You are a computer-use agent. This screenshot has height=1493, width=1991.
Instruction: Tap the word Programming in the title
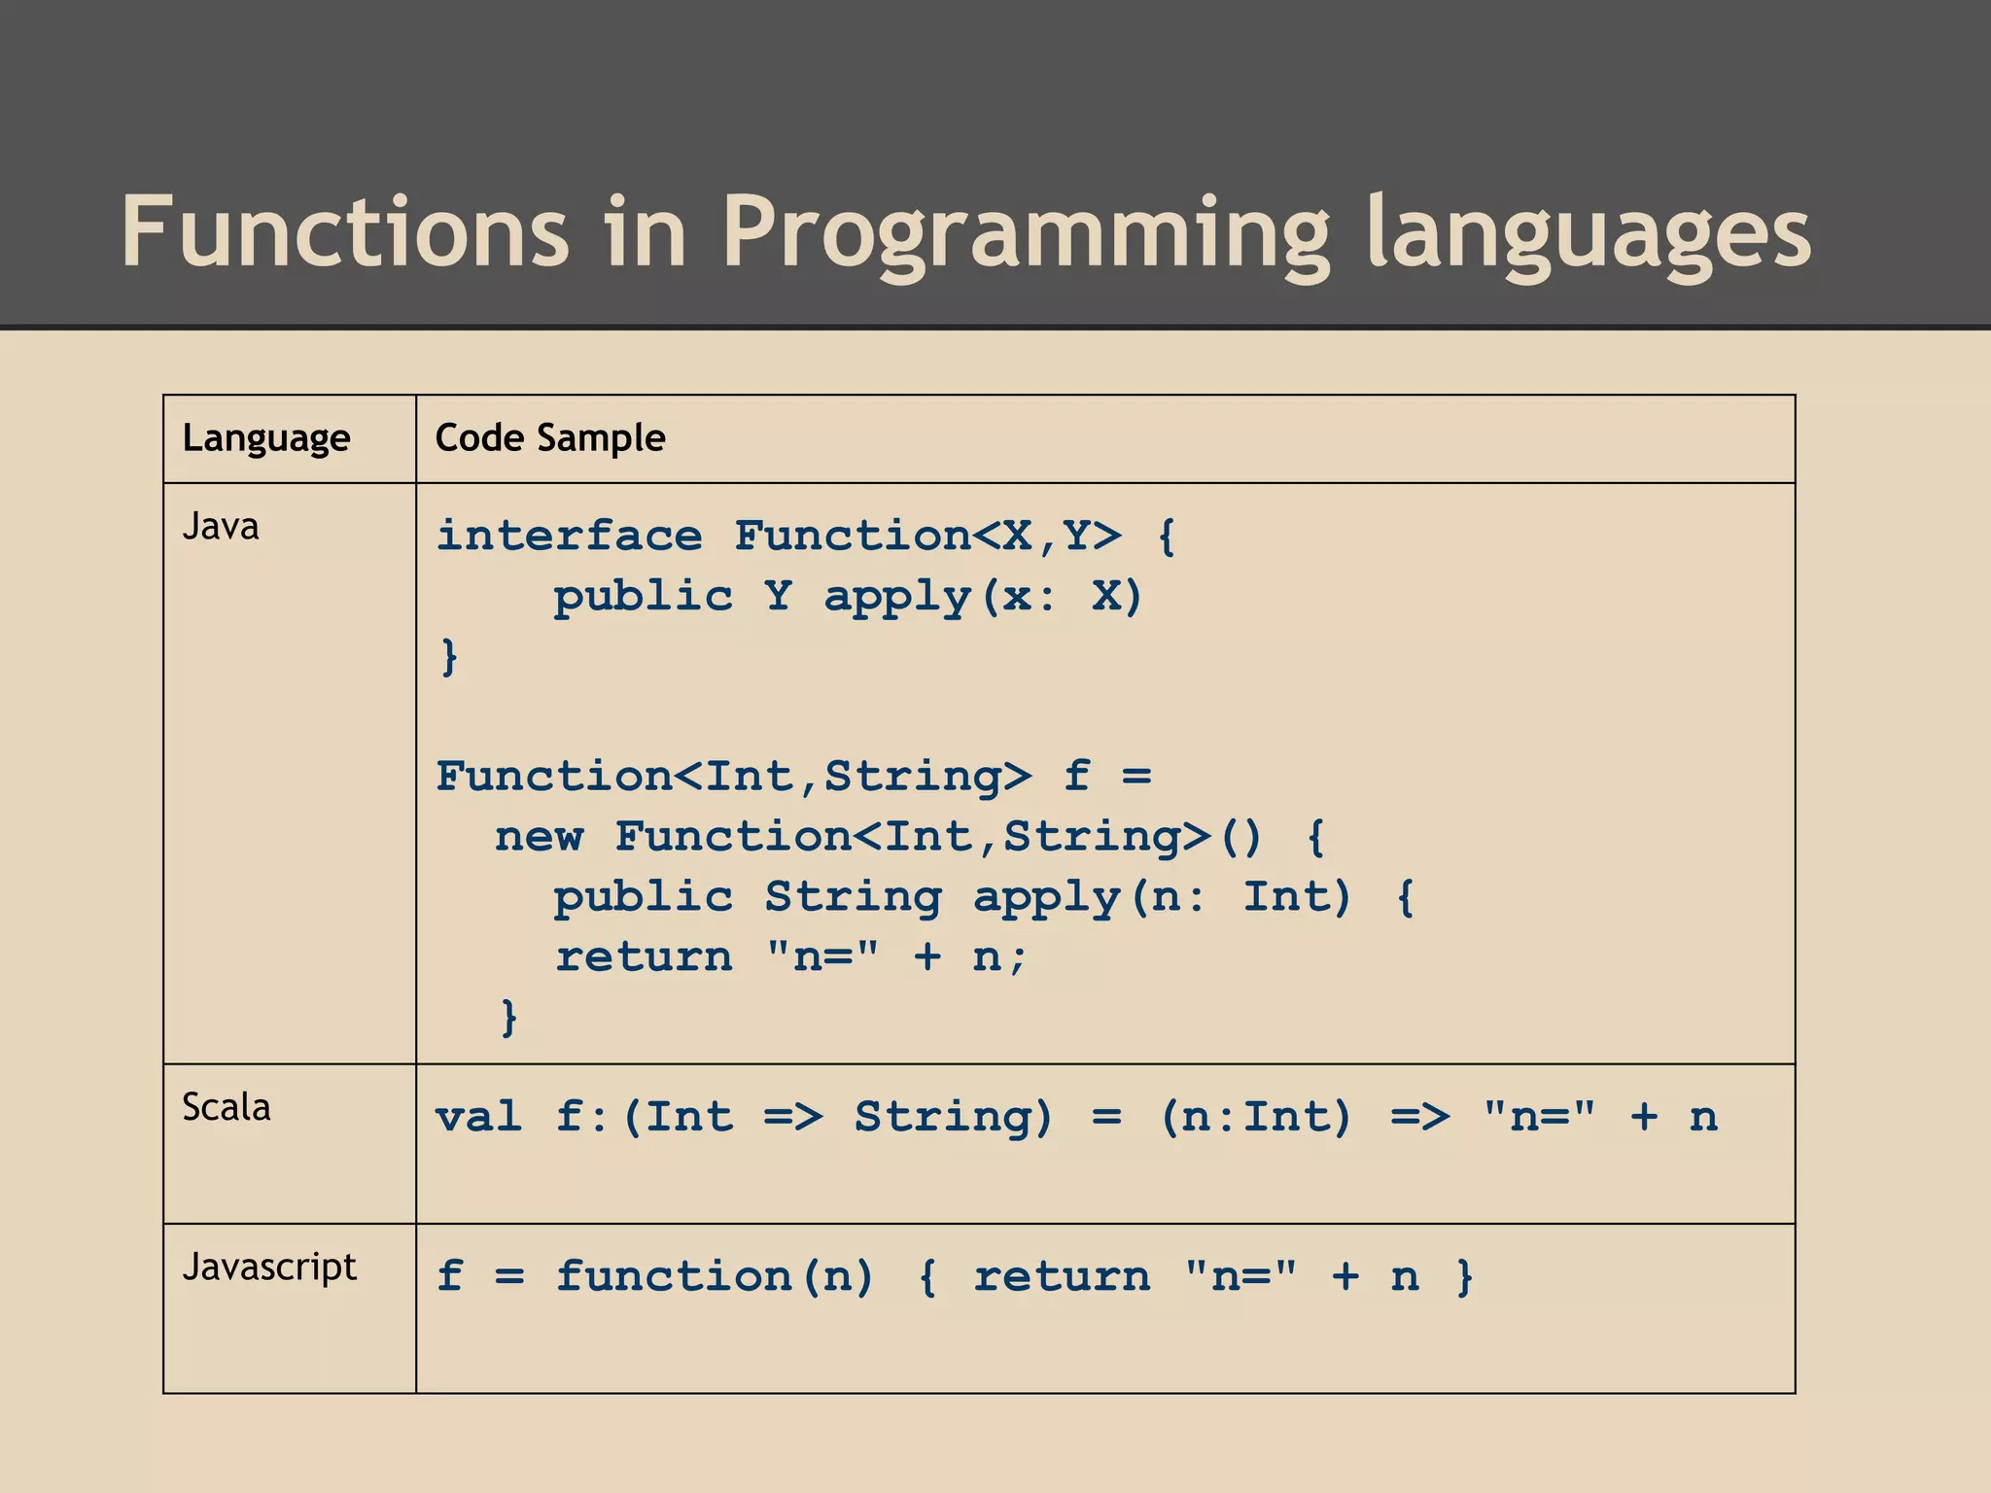point(1026,233)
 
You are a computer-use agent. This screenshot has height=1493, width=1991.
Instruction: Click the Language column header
point(266,438)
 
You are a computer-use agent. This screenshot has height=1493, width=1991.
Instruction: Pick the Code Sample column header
point(550,438)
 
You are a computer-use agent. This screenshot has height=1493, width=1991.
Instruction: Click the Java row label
point(221,527)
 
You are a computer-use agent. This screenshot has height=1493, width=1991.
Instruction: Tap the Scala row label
point(227,1107)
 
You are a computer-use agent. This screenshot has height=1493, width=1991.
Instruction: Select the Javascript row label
point(269,1267)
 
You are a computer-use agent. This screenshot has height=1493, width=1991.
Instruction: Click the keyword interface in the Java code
point(569,536)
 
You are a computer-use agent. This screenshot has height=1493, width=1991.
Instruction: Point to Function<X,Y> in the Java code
point(926,536)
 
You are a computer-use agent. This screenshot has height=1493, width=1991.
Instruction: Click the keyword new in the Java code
point(539,836)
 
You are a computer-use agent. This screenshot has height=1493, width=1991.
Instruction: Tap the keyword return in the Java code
point(644,956)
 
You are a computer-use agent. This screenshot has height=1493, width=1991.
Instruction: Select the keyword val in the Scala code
point(478,1116)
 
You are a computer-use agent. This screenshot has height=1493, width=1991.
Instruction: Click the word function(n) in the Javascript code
point(715,1275)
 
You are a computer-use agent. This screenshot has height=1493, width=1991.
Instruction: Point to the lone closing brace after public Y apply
point(448,656)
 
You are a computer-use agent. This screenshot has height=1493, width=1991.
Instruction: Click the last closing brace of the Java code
point(508,1017)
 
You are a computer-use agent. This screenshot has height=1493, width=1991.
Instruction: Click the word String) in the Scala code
point(953,1116)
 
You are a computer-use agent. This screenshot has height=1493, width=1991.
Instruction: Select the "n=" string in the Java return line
point(821,956)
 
